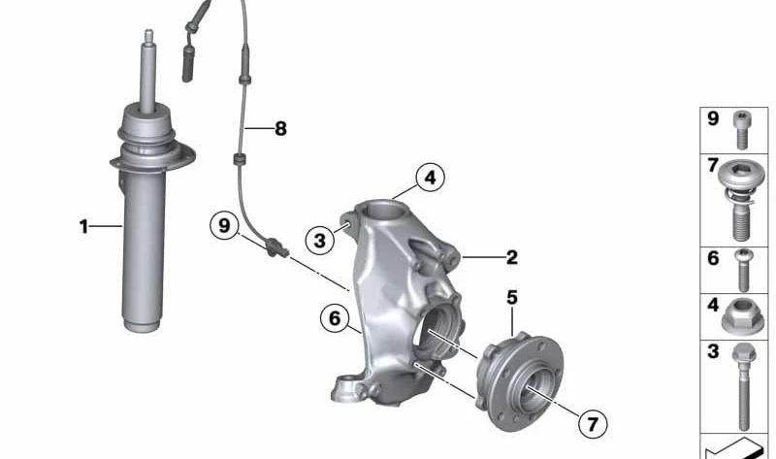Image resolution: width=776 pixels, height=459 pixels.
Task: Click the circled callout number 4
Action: pos(431,178)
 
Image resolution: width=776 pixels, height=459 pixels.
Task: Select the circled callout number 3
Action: pos(316,238)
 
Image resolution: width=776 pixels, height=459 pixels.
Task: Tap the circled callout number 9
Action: pos(224,226)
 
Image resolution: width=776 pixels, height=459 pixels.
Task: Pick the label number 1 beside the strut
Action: pos(83,227)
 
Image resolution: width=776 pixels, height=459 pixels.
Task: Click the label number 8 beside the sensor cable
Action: pos(280,128)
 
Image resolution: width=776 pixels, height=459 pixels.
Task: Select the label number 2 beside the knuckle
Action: pos(511,257)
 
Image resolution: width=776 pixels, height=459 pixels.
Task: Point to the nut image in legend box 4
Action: pos(745,315)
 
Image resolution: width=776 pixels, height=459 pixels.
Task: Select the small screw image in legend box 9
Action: pos(743,126)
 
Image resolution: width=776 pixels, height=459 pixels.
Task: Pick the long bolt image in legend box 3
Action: pos(744,388)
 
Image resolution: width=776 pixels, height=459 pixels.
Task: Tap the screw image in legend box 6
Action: pos(743,268)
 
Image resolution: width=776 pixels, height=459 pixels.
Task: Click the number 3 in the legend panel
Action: pos(713,352)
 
